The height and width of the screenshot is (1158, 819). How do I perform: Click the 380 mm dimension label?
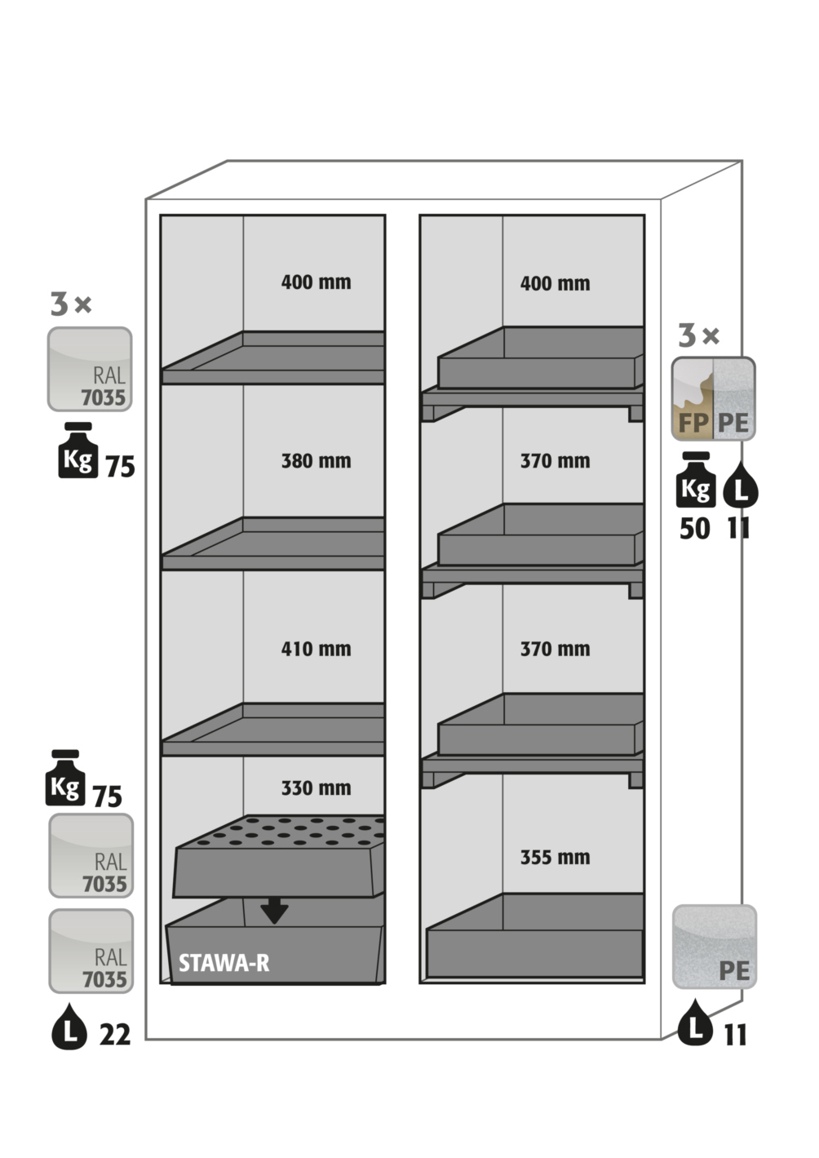pos(316,461)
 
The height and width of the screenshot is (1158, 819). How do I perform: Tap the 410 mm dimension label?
pos(316,650)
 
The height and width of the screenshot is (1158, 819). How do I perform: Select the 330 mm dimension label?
pos(316,788)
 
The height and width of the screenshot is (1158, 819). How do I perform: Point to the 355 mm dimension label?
pos(555,858)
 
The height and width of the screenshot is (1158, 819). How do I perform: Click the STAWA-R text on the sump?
pos(224,963)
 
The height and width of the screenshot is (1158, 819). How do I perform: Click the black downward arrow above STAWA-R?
pos(274,910)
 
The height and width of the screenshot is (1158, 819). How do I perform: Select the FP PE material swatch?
pos(713,399)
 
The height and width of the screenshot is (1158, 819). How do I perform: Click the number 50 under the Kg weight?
pos(695,529)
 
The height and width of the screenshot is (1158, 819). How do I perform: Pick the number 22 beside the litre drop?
pos(115,1035)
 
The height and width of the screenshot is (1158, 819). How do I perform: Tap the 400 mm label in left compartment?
pos(316,282)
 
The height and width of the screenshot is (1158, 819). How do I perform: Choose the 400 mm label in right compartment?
pos(555,284)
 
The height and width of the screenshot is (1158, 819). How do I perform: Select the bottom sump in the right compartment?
pos(535,938)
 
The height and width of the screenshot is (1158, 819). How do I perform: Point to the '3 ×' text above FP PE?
pos(699,335)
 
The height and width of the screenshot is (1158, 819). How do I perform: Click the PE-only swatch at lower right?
pos(714,947)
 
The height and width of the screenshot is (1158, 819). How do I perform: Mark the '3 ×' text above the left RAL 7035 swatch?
pos(71,304)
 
